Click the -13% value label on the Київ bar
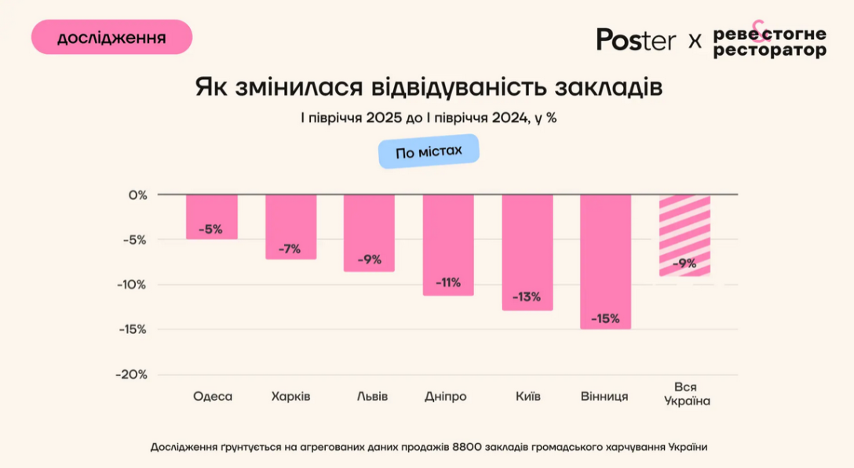coord(527,297)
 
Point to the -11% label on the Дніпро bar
coord(448,282)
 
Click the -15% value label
coord(606,318)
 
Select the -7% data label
coord(290,249)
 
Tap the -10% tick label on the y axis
coord(132,284)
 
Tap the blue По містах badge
coord(429,152)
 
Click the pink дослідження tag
coord(111,38)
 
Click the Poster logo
coord(636,40)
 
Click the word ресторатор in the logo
coord(769,50)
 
